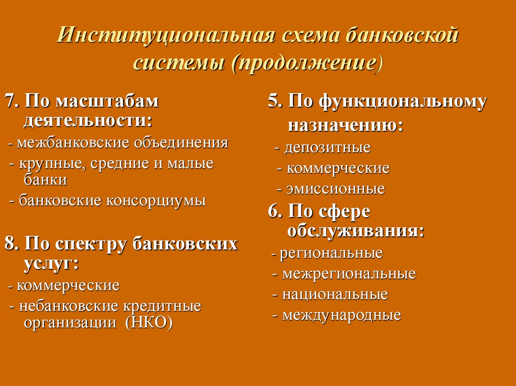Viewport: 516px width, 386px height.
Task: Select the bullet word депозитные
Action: coord(327,148)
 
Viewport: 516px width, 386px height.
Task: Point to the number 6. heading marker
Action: coord(275,212)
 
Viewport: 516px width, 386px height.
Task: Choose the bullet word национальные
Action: coord(335,294)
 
